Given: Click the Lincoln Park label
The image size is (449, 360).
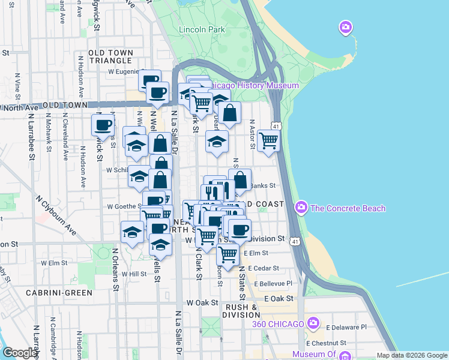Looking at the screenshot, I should (200, 29).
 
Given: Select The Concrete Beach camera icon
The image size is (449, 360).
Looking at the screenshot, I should (301, 208).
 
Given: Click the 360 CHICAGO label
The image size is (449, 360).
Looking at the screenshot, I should (278, 324).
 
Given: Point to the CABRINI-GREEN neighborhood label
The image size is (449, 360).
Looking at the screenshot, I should (59, 293).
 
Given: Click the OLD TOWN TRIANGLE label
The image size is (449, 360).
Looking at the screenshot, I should (110, 57).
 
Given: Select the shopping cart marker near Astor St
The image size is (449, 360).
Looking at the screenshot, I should (268, 141).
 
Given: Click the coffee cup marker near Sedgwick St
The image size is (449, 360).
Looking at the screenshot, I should (103, 125).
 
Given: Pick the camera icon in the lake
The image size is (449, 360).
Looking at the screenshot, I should (345, 27).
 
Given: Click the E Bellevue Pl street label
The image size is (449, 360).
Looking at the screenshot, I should (273, 283).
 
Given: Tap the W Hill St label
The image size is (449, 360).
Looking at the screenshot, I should (134, 274).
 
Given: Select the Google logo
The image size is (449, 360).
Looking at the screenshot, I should (20, 353).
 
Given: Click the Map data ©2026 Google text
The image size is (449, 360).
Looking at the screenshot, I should (411, 355).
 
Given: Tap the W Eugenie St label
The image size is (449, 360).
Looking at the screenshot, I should (123, 71).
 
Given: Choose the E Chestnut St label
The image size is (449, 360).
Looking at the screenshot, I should (328, 343).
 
